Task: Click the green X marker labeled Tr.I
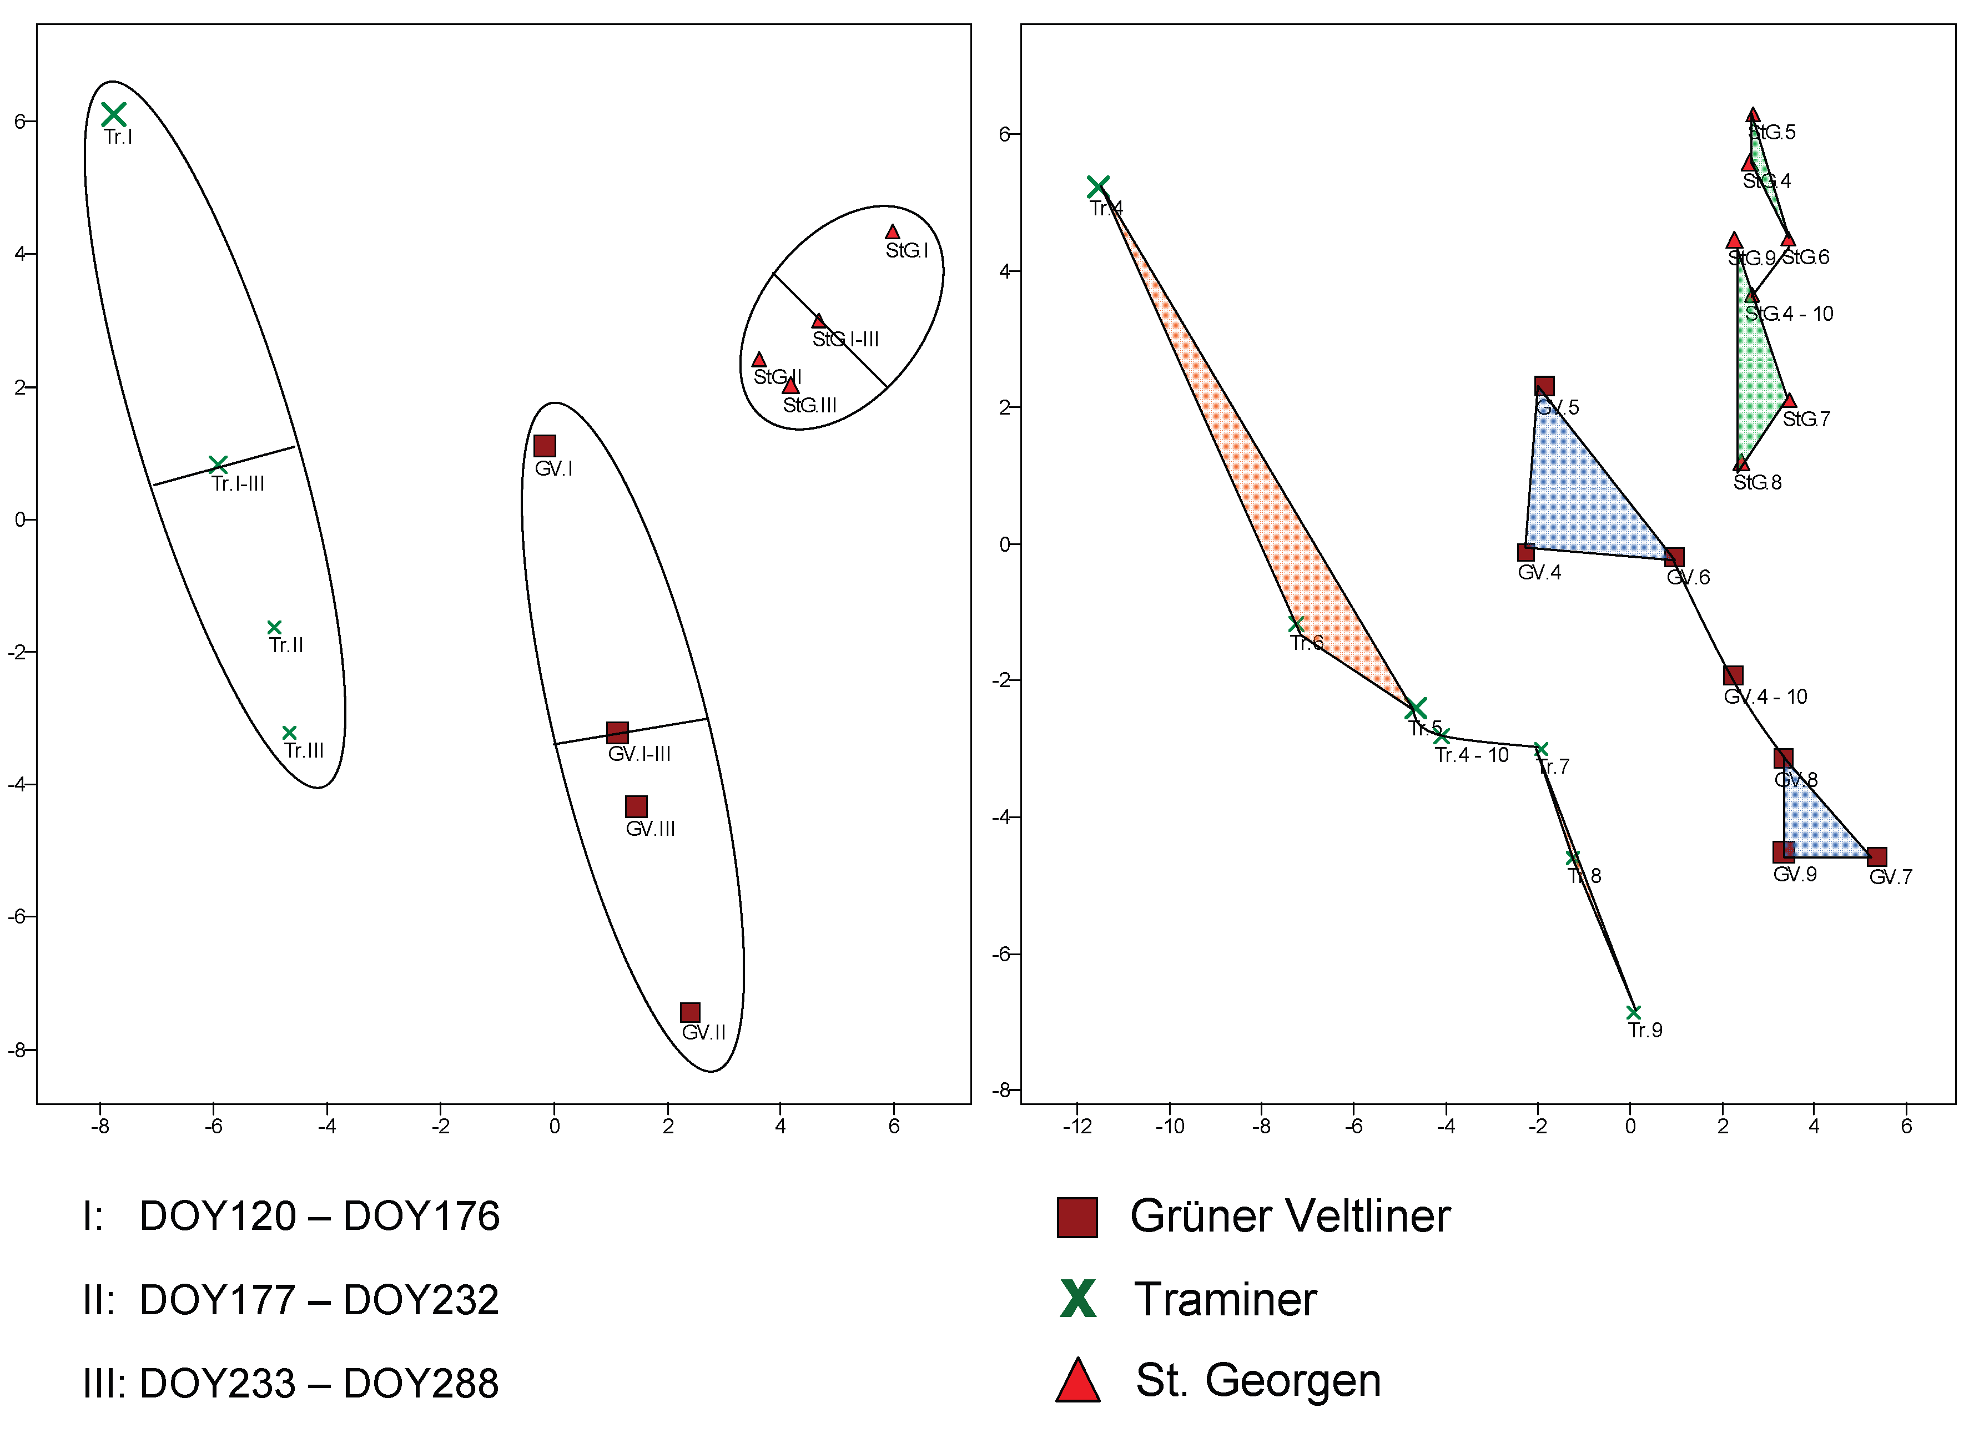[x=114, y=114]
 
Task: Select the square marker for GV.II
[x=690, y=1013]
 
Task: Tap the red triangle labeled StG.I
[x=892, y=233]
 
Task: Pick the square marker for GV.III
[x=636, y=806]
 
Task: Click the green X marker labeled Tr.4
[x=1098, y=186]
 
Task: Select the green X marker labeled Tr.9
[x=1633, y=1012]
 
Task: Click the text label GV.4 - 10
[x=1765, y=697]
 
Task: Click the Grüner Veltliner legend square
[x=1077, y=1218]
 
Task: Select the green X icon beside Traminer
[x=1077, y=1299]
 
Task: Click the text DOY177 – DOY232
[x=319, y=1300]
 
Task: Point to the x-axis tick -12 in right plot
[x=1077, y=1127]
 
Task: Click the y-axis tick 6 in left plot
[x=19, y=122]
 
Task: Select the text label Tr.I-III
[x=238, y=484]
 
